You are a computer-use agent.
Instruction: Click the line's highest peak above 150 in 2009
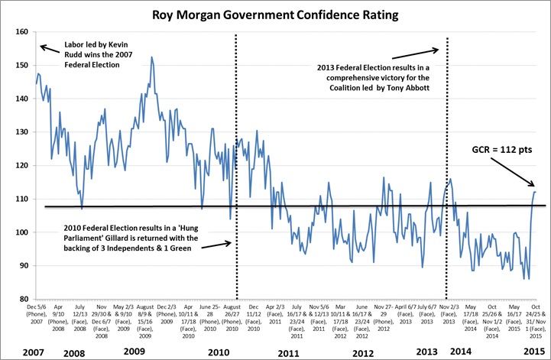point(151,57)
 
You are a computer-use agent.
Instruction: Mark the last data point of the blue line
point(535,192)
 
